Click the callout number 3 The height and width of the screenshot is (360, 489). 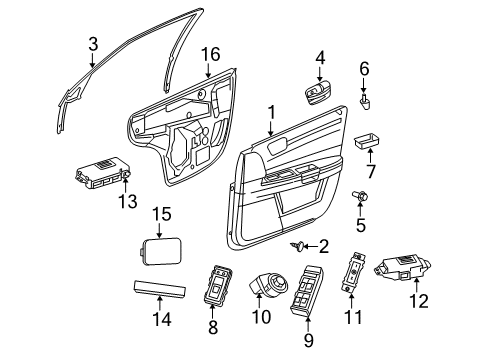click(92, 44)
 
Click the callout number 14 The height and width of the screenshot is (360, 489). click(161, 320)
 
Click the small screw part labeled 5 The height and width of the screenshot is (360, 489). click(357, 199)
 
